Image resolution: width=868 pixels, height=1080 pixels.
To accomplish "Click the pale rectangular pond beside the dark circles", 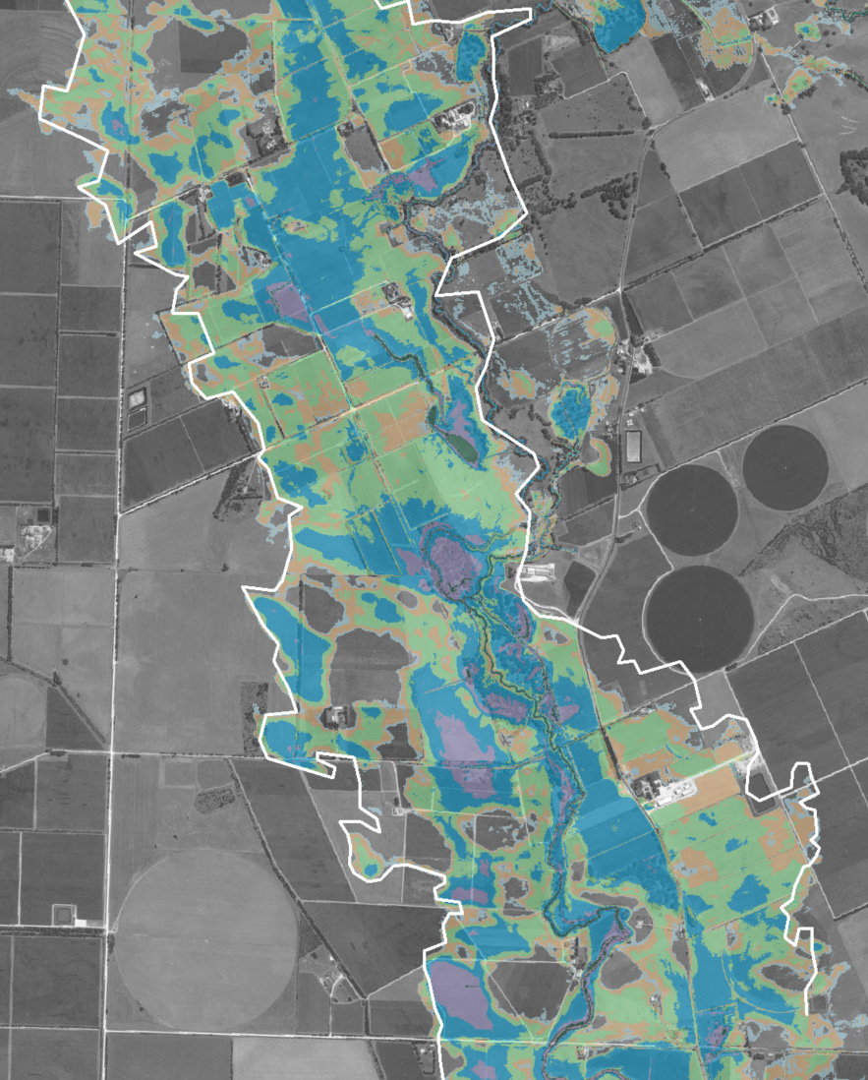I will coord(632,448).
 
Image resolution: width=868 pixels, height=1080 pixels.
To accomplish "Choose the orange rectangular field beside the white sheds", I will coord(716,787).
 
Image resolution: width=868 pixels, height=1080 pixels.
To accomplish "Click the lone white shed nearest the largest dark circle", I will coord(540,571).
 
